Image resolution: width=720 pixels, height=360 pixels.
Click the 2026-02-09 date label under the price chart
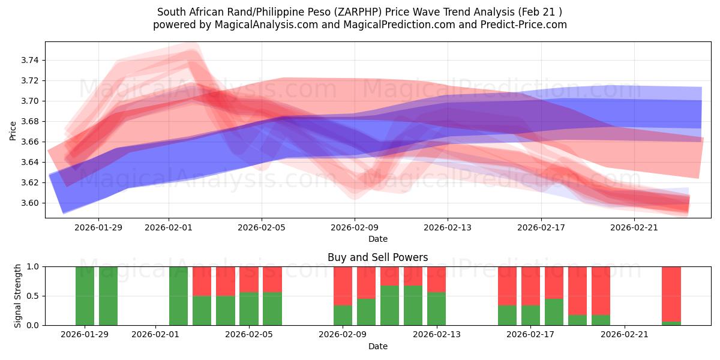click(354, 227)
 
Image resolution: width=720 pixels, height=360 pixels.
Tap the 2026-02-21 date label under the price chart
click(634, 227)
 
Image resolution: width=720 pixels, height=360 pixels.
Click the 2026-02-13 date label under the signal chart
click(436, 335)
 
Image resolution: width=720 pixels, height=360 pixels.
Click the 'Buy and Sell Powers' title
click(377, 257)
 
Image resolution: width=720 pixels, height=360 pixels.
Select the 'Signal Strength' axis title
click(18, 296)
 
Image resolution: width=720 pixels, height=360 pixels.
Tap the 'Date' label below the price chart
click(377, 239)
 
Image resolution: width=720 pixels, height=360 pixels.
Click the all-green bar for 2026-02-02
click(178, 296)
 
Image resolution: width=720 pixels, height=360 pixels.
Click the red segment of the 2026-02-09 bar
click(343, 286)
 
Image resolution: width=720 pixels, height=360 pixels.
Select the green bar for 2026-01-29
click(85, 296)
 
